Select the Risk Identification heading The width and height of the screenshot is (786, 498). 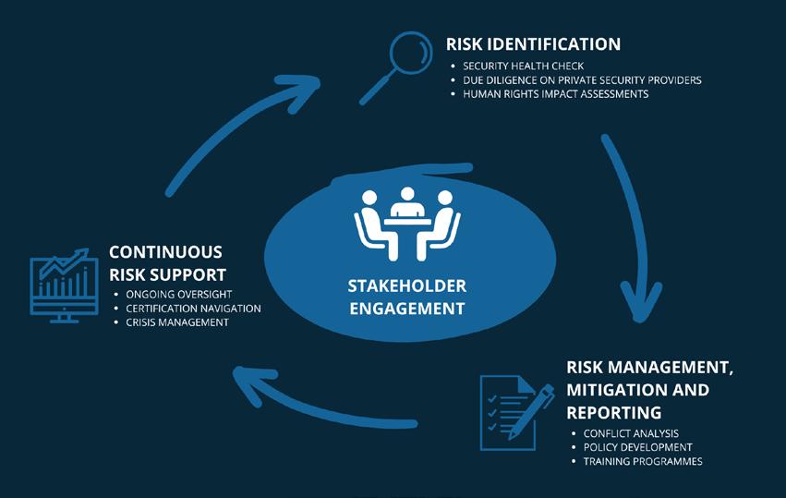pos(533,44)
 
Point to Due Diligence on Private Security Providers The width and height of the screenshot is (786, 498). pos(582,80)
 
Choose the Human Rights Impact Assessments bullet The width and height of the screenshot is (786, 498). pos(555,94)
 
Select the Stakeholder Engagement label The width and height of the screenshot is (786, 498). pos(406,297)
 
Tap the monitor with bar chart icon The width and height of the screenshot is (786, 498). pos(64,283)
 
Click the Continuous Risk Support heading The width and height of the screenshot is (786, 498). pos(166,262)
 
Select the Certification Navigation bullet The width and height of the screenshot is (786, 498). pos(193,308)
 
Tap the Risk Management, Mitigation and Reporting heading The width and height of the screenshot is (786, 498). pos(650,389)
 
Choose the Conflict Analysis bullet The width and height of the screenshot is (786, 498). pos(631,433)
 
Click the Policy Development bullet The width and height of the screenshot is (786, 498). pos(637,447)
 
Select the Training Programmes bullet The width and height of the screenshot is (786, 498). pos(643,461)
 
